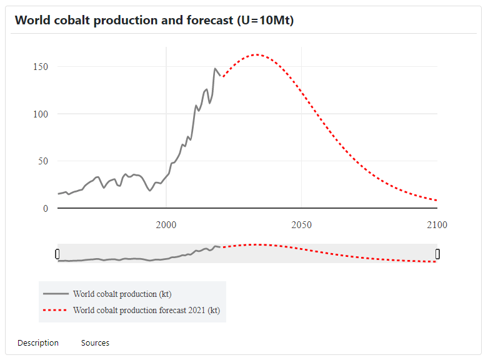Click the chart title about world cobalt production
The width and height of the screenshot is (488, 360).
pos(154,20)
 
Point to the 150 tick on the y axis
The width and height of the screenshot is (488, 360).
pos(41,67)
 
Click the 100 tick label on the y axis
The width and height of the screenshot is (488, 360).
pos(41,114)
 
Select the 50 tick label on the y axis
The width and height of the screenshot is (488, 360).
pos(43,161)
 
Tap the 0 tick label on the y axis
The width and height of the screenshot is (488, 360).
pos(46,209)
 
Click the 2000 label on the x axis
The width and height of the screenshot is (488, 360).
pos(166,225)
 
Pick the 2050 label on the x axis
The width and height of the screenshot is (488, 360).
pos(302,225)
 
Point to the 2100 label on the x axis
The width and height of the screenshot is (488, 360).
pos(437,225)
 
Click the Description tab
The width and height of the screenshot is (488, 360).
pos(38,342)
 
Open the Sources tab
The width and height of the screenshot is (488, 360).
pos(95,342)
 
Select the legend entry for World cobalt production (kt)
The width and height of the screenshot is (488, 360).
pos(122,294)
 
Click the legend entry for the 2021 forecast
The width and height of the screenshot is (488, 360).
pos(146,310)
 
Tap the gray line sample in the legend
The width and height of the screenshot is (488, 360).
pos(55,294)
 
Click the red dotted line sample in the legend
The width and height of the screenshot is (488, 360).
pos(55,310)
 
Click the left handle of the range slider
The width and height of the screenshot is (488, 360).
pos(57,254)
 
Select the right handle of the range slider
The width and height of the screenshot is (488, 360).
pos(437,254)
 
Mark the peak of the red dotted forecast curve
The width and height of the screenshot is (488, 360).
pos(256,54)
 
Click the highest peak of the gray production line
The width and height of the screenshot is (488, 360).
pos(215,69)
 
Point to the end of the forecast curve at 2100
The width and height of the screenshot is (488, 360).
pos(437,200)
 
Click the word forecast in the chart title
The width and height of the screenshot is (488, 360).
pos(209,20)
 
